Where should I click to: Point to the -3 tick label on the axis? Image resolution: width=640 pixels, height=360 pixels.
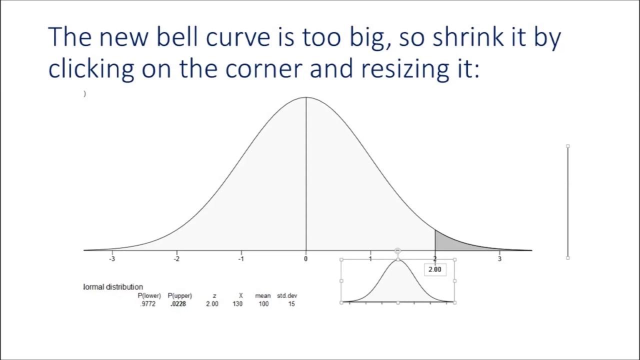[x=112, y=258]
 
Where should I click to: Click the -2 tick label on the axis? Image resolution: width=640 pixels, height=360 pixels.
[x=176, y=258]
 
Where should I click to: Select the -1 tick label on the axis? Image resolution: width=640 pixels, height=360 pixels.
[x=241, y=258]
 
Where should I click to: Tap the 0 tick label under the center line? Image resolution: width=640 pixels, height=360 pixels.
[x=306, y=258]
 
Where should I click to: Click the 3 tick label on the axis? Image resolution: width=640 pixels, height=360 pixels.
[x=499, y=258]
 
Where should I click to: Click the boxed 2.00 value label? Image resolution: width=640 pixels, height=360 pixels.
[x=435, y=269]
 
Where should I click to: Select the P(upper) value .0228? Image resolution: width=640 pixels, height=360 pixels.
[x=178, y=304]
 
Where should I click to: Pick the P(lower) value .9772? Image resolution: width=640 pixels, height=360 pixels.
[x=148, y=304]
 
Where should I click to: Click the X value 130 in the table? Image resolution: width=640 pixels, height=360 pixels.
[x=237, y=304]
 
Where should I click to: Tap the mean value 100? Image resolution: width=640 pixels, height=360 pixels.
[x=263, y=304]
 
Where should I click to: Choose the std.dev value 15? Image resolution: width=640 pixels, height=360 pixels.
[x=291, y=304]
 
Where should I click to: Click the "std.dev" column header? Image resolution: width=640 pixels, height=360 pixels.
[x=287, y=296]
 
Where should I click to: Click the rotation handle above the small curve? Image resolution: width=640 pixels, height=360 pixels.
[x=397, y=250]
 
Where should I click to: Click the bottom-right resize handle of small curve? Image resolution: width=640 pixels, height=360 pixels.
[x=454, y=302]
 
